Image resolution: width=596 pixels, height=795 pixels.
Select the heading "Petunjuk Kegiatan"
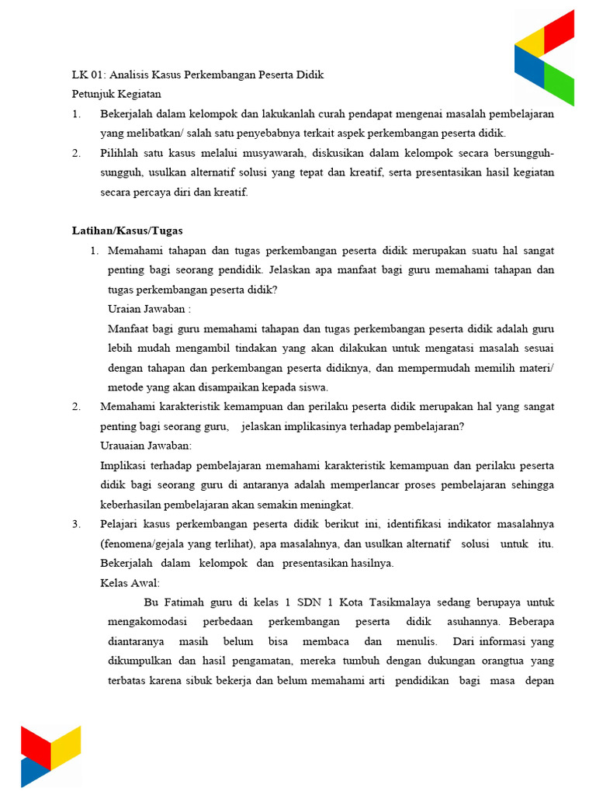[x=116, y=95]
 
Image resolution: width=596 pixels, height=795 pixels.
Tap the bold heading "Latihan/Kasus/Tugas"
[x=127, y=231]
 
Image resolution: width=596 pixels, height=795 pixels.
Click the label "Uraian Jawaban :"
[x=149, y=309]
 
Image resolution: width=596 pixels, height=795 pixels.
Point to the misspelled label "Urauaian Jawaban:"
[x=146, y=446]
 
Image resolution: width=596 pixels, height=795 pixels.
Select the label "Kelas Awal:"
[x=130, y=583]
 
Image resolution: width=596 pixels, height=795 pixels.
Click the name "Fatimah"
[x=185, y=602]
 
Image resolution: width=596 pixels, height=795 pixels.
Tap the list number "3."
[x=76, y=524]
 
